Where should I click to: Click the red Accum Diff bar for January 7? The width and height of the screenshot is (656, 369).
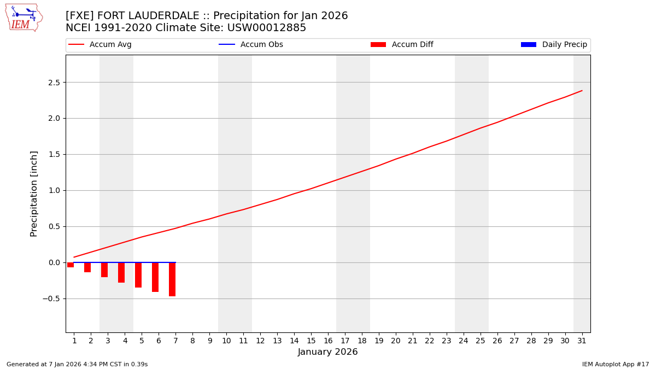pos(172,279)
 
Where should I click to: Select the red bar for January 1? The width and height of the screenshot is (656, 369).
pos(71,265)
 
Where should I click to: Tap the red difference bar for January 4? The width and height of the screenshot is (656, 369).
pos(121,272)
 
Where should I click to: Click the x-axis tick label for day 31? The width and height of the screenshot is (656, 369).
pos(582,341)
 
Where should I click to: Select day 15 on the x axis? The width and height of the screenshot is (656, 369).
pos(311,341)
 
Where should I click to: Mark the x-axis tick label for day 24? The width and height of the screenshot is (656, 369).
pos(464,341)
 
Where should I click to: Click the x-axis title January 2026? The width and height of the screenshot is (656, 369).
pos(328,353)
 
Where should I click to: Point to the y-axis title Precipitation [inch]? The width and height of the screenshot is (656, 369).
pos(34,194)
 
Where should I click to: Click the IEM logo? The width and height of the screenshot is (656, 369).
pos(24,17)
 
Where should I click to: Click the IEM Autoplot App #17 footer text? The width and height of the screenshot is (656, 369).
pos(616,364)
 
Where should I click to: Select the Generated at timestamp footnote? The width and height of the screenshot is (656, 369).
pos(77,364)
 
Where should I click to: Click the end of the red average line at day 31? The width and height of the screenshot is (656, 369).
pos(582,91)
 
